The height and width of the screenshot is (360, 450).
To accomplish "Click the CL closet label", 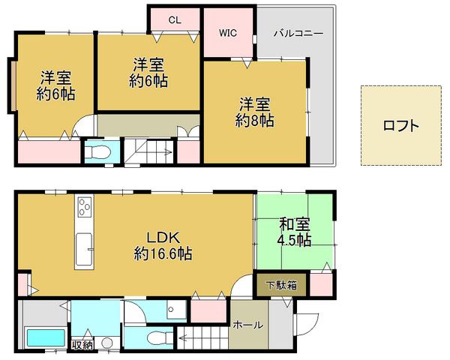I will (x=174, y=20).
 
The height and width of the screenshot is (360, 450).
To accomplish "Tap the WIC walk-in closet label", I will (x=228, y=33).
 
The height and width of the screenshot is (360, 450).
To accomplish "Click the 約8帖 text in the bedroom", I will (x=256, y=119).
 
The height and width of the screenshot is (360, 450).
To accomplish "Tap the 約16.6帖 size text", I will (x=163, y=253).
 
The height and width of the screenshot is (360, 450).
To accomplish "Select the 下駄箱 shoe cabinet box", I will (x=282, y=285).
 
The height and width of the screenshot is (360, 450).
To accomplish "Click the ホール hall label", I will (x=247, y=325).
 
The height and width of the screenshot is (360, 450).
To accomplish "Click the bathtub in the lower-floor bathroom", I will (x=45, y=337).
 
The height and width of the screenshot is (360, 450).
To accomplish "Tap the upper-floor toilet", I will (x=97, y=153).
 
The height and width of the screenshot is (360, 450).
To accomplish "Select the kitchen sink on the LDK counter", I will (x=83, y=244).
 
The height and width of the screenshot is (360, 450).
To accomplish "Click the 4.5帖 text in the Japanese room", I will (x=293, y=240).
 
